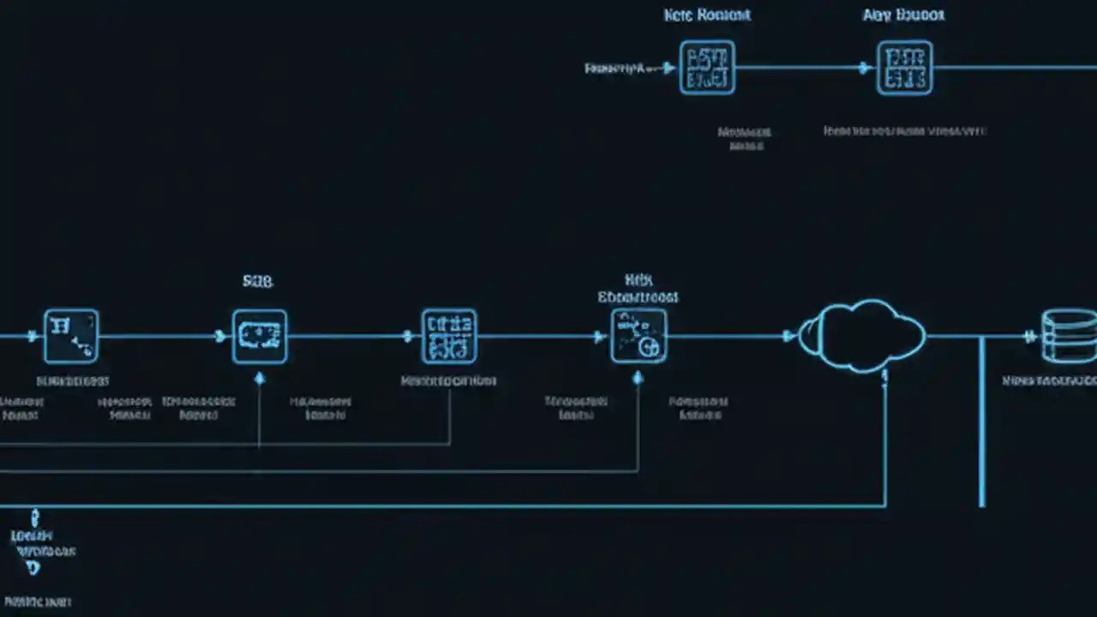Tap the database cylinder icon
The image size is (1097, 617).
[1069, 336]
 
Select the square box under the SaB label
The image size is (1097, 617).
[260, 337]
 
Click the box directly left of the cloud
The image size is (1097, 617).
[638, 336]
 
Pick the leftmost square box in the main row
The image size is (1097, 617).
[71, 336]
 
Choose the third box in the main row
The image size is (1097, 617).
[449, 336]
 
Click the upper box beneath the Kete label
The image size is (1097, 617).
[707, 68]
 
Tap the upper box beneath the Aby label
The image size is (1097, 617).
[904, 68]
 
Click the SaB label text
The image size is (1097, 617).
[257, 281]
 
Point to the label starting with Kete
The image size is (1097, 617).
[707, 15]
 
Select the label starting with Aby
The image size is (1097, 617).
[903, 15]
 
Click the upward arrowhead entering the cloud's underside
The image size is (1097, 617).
[885, 374]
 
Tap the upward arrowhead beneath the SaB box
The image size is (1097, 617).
[260, 377]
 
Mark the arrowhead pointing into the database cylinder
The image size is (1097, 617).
[1031, 337]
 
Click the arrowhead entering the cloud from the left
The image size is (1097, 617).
[789, 337]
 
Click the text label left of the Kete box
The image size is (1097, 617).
[614, 68]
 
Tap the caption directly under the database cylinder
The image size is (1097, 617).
[1049, 380]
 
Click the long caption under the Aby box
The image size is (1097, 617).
[904, 131]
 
